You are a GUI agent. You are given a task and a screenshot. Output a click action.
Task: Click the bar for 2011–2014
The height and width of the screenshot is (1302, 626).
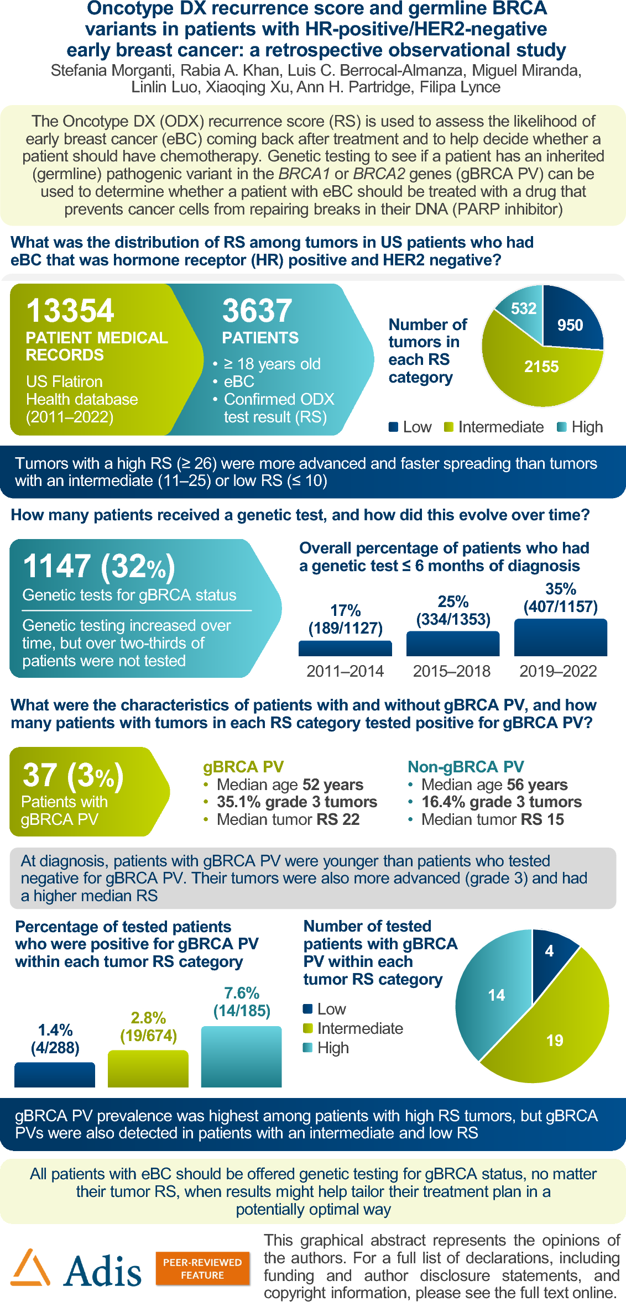pyautogui.click(x=345, y=649)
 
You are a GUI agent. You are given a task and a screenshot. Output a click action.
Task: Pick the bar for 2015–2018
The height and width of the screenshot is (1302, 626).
pyautogui.click(x=453, y=644)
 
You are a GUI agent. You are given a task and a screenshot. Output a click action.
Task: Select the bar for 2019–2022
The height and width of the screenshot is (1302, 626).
pyautogui.click(x=560, y=637)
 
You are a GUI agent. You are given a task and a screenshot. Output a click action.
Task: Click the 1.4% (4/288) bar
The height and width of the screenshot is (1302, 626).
pyautogui.click(x=55, y=1074)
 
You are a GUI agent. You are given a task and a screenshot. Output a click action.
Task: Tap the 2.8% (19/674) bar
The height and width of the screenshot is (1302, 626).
pyautogui.click(x=148, y=1068)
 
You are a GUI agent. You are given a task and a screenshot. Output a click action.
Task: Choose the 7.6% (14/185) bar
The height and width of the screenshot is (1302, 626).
pyautogui.click(x=242, y=1057)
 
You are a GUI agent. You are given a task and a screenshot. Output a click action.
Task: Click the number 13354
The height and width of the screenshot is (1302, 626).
pyautogui.click(x=70, y=310)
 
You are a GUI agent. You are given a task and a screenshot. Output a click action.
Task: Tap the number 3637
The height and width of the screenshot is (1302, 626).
pyautogui.click(x=257, y=310)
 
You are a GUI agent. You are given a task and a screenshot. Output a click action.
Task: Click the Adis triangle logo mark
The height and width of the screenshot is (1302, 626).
pyautogui.click(x=31, y=1267)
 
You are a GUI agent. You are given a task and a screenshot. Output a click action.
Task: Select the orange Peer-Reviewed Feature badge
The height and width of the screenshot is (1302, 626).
pyautogui.click(x=202, y=1268)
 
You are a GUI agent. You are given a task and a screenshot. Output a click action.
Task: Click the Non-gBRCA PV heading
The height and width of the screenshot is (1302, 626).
pyautogui.click(x=466, y=767)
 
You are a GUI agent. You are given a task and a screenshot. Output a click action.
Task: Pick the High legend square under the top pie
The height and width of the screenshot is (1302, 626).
pyautogui.click(x=562, y=427)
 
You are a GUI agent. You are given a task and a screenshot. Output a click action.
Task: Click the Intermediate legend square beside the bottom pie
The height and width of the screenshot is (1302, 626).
pyautogui.click(x=308, y=1028)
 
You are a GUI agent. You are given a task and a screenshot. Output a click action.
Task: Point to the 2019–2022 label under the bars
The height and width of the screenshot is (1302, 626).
pyautogui.click(x=558, y=671)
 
